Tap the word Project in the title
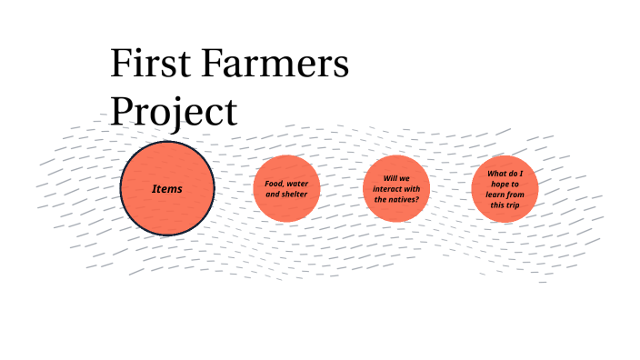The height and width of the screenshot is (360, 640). click(x=174, y=113)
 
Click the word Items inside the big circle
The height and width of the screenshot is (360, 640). click(x=167, y=189)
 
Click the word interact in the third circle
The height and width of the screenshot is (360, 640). click(x=387, y=188)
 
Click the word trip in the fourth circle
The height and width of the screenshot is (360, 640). click(x=514, y=205)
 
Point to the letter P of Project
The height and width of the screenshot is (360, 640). click(x=123, y=111)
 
